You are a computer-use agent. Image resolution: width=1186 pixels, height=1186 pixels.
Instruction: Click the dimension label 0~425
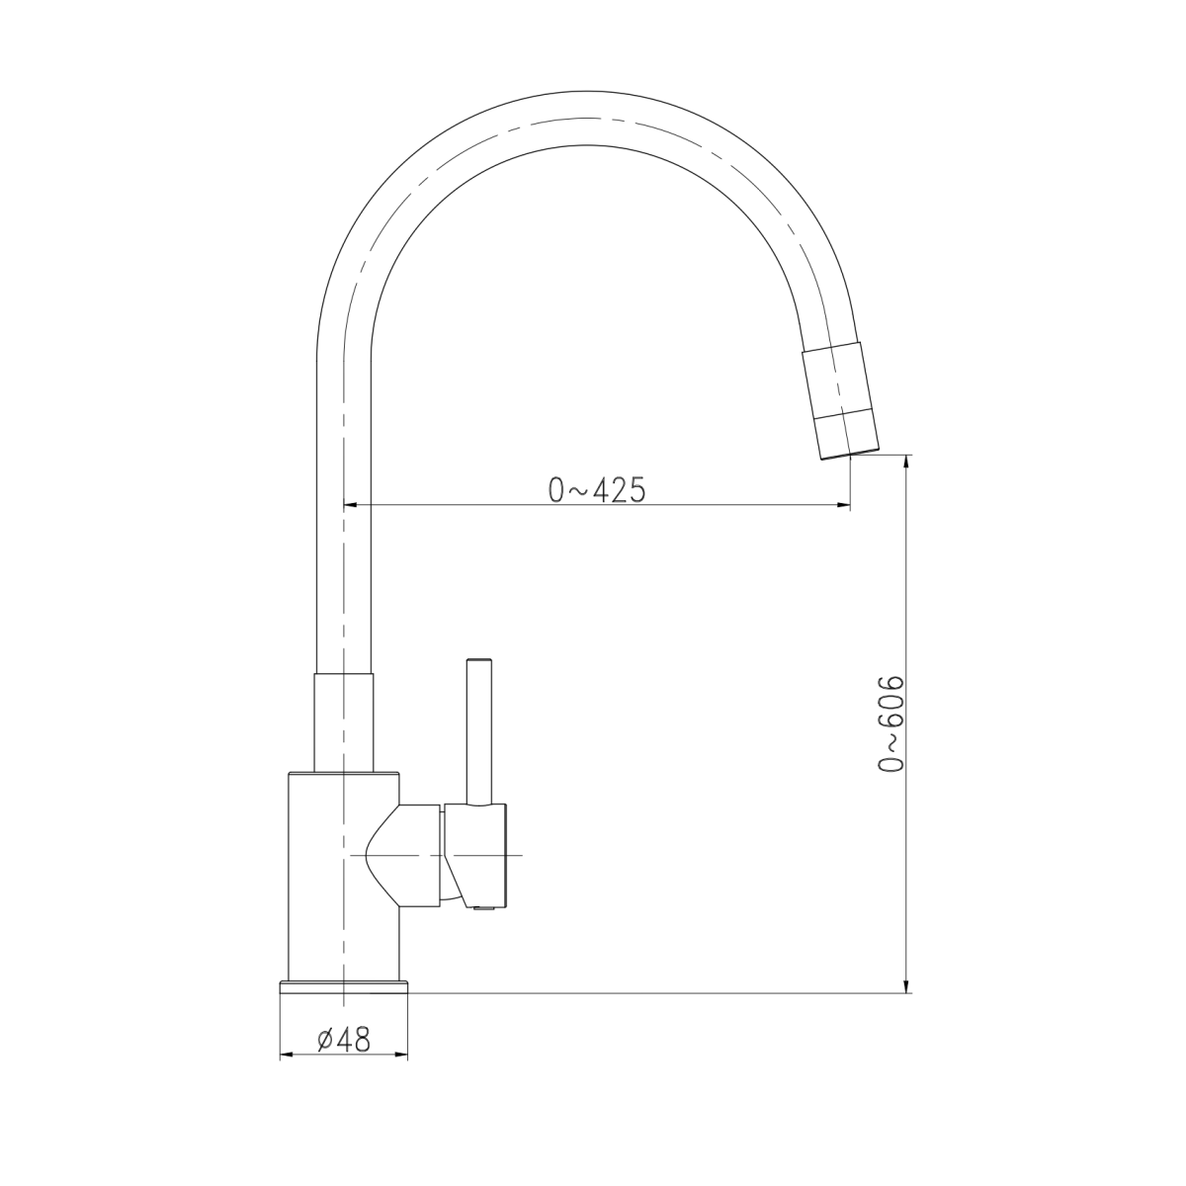pos(597,490)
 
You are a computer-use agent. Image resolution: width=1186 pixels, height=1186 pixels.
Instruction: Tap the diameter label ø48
pos(344,1040)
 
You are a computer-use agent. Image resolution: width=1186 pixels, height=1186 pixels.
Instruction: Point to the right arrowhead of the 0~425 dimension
pos(843,505)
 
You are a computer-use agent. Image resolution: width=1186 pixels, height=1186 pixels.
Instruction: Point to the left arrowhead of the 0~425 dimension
pos(350,505)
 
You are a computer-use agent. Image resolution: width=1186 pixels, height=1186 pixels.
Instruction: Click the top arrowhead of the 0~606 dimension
pos(906,462)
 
